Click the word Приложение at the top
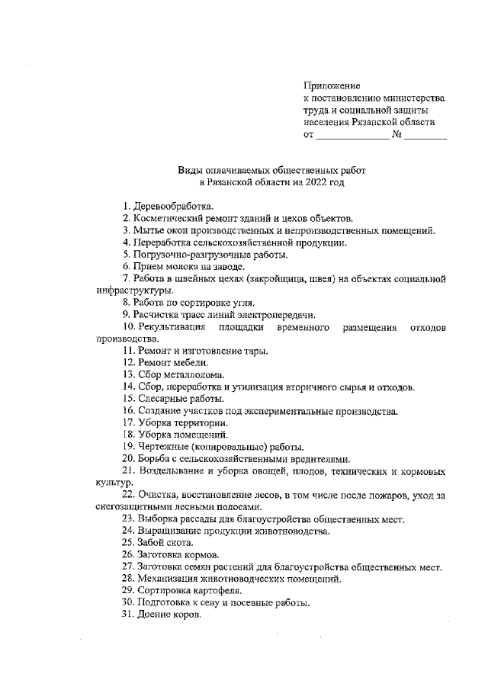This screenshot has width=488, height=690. pyautogui.click(x=332, y=85)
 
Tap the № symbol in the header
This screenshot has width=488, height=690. pyautogui.click(x=396, y=135)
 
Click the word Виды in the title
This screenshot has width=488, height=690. pyautogui.click(x=191, y=171)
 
